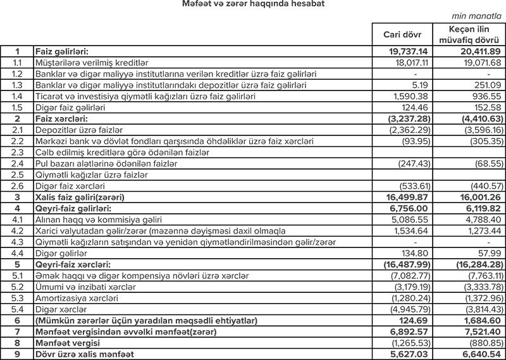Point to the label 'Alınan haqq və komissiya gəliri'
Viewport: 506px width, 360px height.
click(x=102, y=220)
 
